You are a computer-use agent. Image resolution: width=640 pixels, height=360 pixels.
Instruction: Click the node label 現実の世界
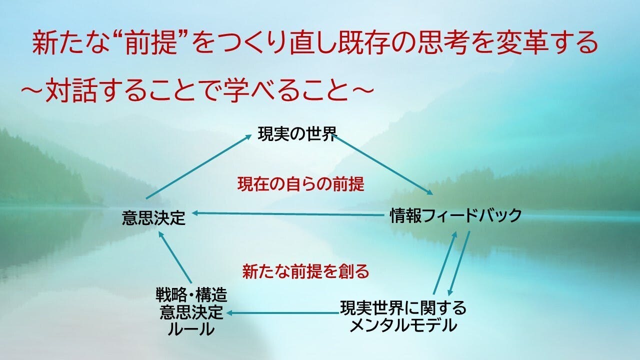(x=297, y=134)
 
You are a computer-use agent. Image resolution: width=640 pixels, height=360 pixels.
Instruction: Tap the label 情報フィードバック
(x=456, y=215)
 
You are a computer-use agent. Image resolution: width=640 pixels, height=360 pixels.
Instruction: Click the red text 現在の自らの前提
(x=301, y=184)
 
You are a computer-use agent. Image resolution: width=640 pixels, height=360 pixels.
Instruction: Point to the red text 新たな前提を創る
(x=305, y=271)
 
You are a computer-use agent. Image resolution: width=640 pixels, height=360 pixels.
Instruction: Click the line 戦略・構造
(x=191, y=295)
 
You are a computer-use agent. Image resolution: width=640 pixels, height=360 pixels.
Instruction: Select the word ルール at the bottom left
(x=191, y=329)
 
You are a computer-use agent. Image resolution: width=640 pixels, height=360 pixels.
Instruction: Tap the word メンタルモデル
(x=403, y=325)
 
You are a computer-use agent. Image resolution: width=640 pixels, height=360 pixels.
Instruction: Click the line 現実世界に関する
(x=403, y=307)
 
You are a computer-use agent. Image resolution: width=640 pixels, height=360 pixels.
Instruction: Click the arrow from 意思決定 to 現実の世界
(x=198, y=167)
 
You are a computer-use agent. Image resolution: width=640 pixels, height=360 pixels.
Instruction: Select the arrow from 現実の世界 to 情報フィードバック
(x=384, y=165)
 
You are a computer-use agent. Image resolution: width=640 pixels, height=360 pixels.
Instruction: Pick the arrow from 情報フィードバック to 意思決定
(x=287, y=214)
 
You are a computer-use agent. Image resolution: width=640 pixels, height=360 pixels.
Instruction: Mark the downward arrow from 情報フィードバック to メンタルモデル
(x=459, y=263)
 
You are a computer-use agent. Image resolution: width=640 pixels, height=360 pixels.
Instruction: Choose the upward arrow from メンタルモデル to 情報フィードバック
(x=445, y=263)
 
